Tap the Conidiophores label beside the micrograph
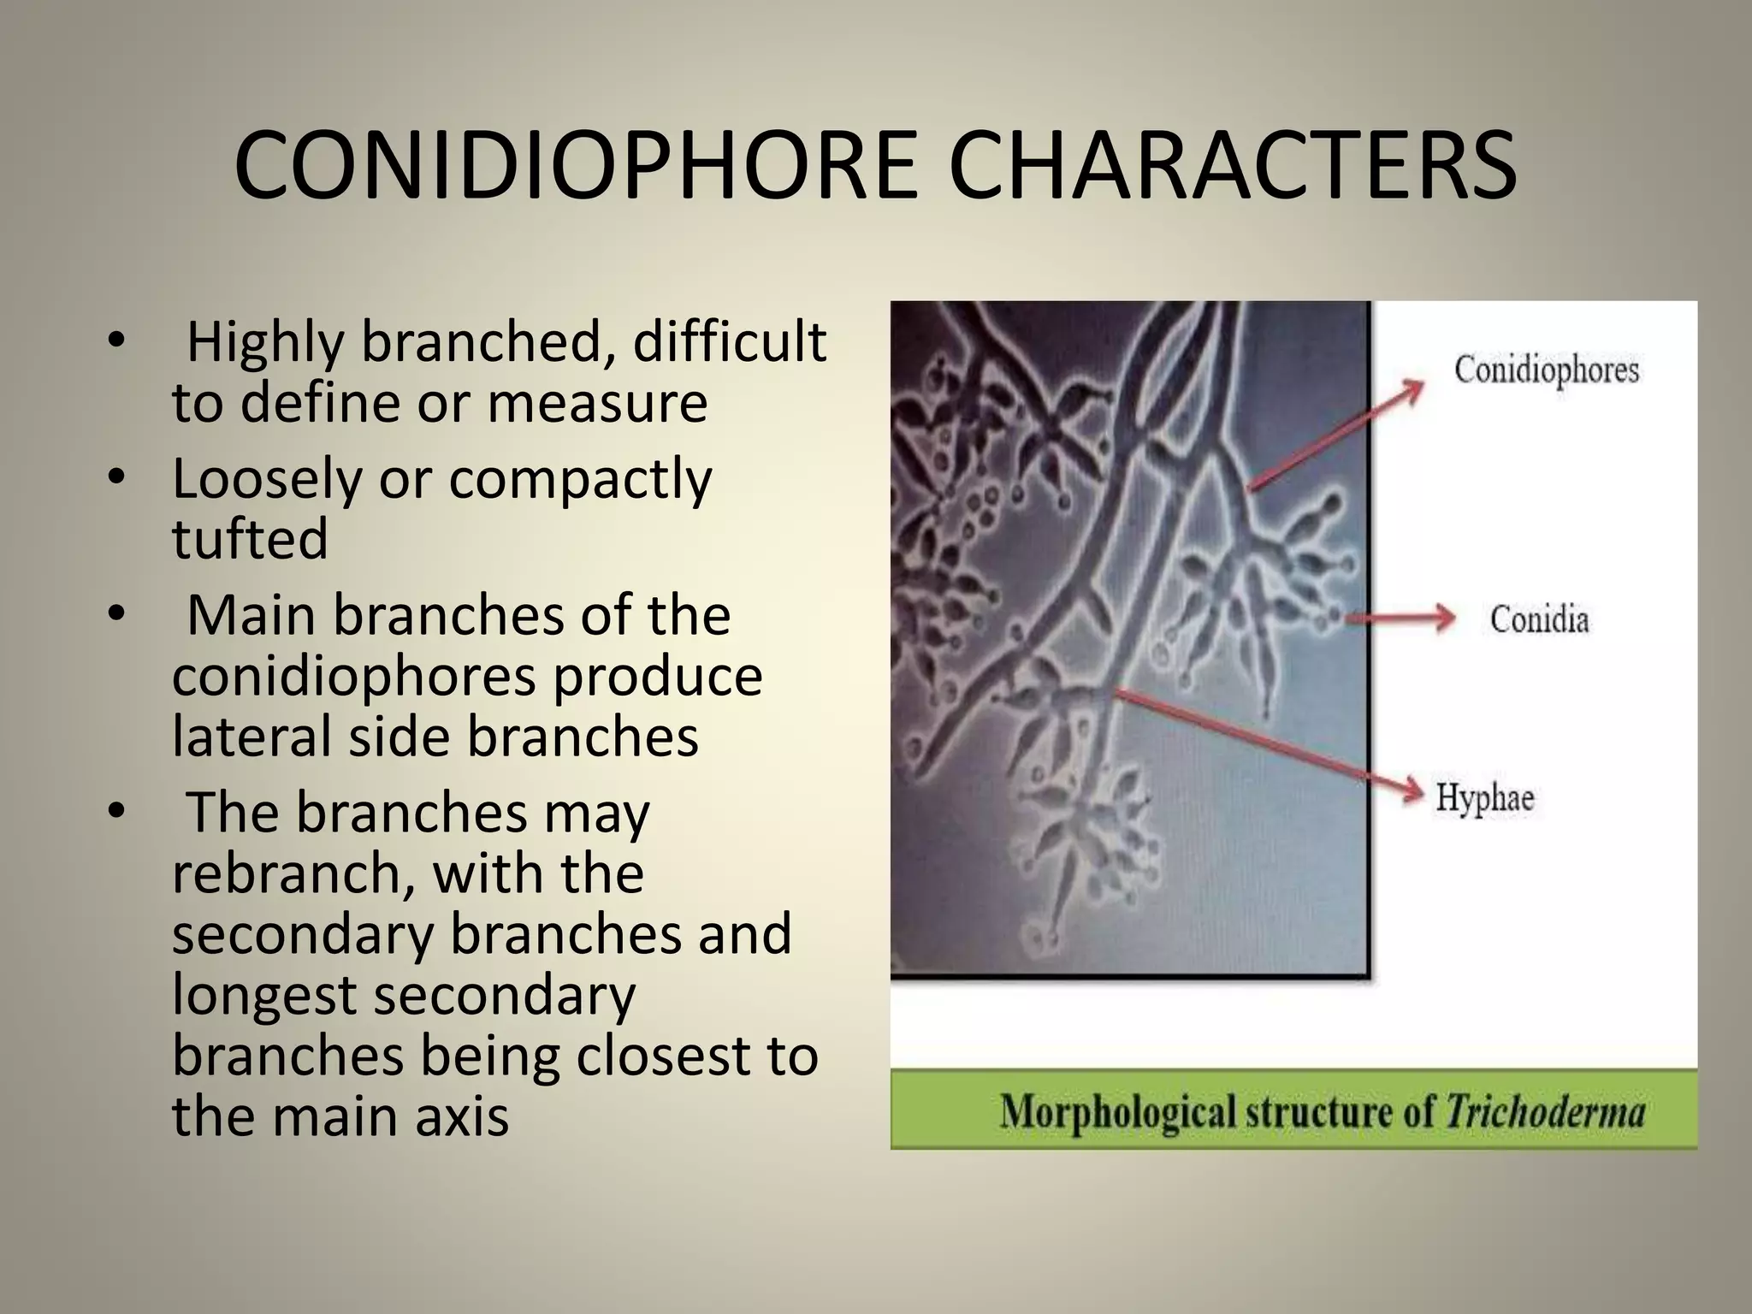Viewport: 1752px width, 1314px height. [x=1546, y=370]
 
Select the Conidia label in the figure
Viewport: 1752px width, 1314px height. [x=1539, y=619]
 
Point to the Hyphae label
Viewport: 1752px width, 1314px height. [x=1484, y=797]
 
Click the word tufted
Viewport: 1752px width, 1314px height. [x=250, y=539]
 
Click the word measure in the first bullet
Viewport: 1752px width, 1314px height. [x=597, y=403]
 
